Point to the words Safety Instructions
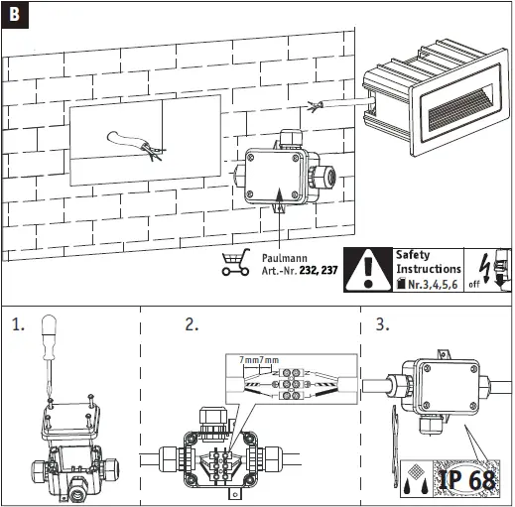(428, 261)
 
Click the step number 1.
(17, 324)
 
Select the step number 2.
(192, 324)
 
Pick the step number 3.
(381, 324)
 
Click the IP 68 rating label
(466, 479)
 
